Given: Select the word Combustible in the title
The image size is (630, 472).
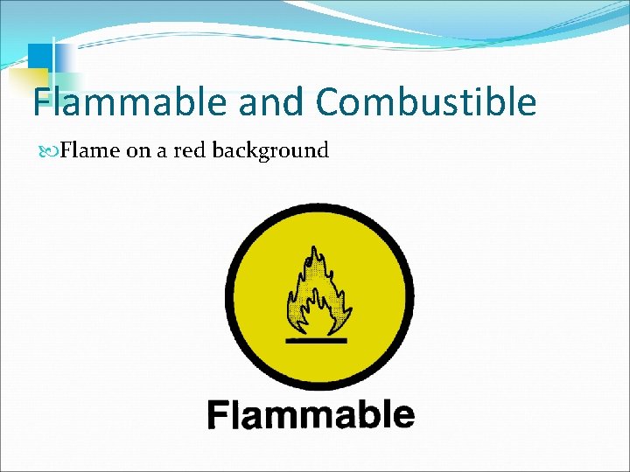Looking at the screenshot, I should (426, 103).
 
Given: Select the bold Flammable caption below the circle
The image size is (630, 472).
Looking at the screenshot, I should (311, 414).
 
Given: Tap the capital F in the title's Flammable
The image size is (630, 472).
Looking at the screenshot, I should (43, 103).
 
